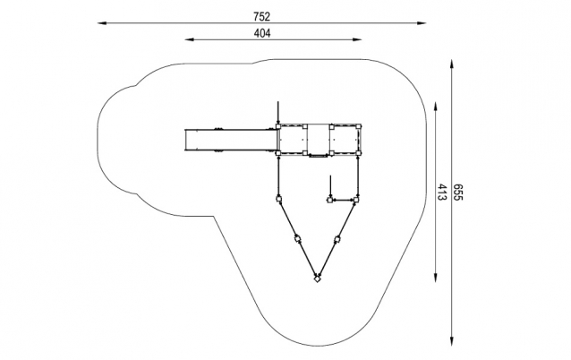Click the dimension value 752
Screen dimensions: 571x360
coord(262,16)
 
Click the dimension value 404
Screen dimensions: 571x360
coord(262,33)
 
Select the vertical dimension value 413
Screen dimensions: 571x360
coord(441,192)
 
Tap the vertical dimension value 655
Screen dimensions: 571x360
coord(457,192)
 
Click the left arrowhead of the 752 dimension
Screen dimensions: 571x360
coord(102,23)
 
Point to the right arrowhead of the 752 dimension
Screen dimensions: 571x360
coord(422,23)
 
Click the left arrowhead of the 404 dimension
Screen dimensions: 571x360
coord(190,39)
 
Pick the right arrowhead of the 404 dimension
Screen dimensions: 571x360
coord(357,39)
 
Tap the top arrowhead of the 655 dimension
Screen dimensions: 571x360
coord(452,64)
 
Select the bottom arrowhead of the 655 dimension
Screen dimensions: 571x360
coord(452,341)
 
